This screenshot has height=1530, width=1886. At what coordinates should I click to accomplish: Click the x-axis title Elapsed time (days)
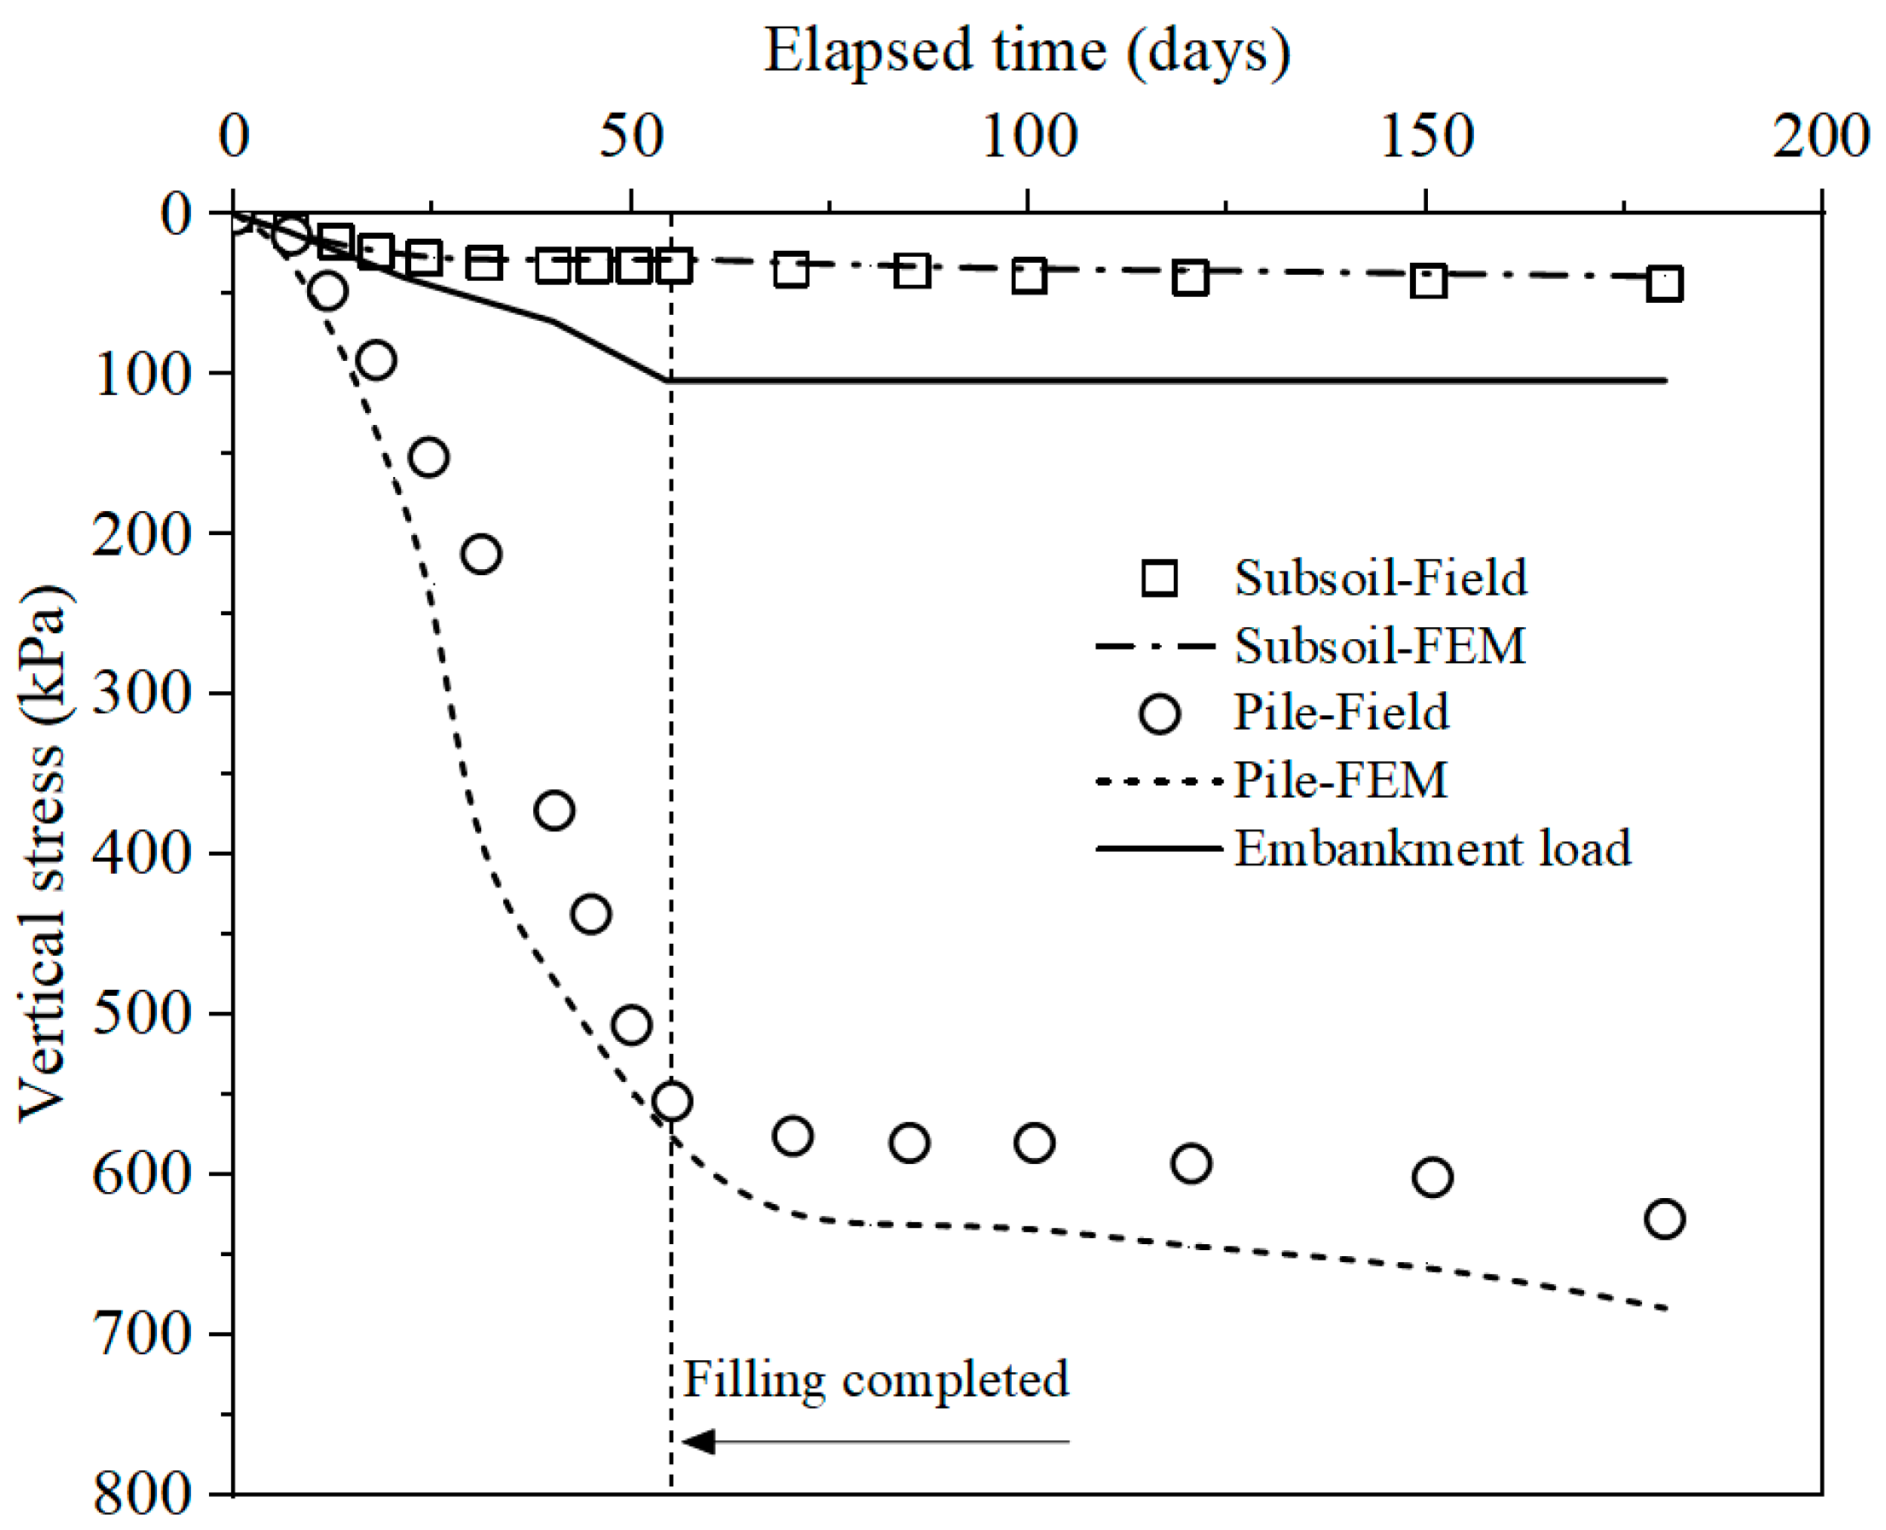(x=1026, y=51)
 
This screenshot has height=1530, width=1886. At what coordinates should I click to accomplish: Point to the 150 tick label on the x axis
(x=1426, y=137)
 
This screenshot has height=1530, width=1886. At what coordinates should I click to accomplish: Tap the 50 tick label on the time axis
(x=630, y=137)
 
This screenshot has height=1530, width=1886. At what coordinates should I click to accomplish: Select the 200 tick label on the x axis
(x=1821, y=137)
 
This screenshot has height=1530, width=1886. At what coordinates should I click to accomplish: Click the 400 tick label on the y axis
(x=141, y=853)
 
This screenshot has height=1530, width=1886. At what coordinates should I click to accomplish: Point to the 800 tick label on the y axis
(x=141, y=1495)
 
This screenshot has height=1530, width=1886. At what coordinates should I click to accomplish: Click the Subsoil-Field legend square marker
(x=1159, y=579)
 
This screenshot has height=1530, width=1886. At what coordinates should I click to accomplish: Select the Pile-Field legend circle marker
(x=1159, y=713)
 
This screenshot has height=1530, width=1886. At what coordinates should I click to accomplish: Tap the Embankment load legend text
(x=1432, y=849)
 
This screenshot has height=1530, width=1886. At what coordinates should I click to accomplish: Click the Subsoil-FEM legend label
(x=1379, y=646)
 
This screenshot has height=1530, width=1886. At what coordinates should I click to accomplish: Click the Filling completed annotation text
(x=875, y=1380)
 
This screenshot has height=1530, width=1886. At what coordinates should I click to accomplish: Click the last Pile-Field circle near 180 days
(x=1664, y=1219)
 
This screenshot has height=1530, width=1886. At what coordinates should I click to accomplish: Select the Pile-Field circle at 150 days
(x=1431, y=1178)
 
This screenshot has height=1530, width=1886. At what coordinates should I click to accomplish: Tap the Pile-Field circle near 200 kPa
(x=481, y=555)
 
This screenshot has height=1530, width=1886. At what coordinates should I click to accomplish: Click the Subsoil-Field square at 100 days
(x=1029, y=276)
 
